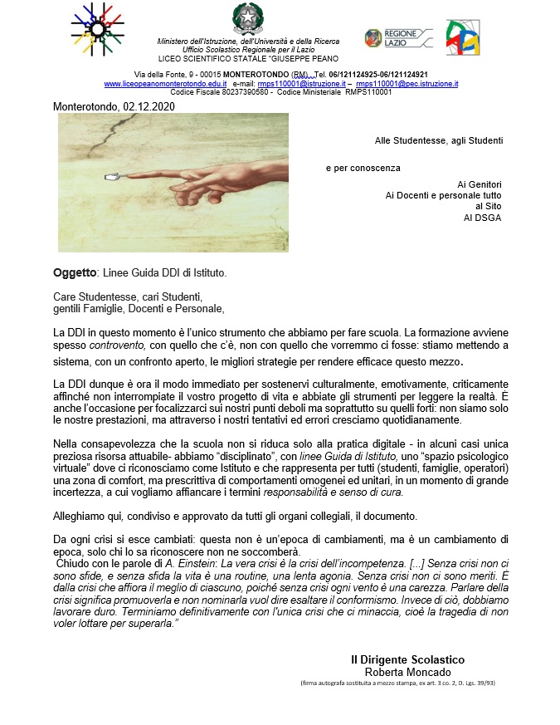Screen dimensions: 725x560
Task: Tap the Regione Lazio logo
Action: coord(398,37)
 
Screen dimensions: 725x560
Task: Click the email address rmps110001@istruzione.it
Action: coord(302,84)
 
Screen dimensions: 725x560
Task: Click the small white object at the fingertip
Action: coord(111,177)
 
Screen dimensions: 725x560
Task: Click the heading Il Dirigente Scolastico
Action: coord(407,659)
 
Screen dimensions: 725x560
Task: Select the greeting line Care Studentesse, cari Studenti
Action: coord(128,296)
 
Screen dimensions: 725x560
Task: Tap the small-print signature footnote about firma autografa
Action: coord(398,683)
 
